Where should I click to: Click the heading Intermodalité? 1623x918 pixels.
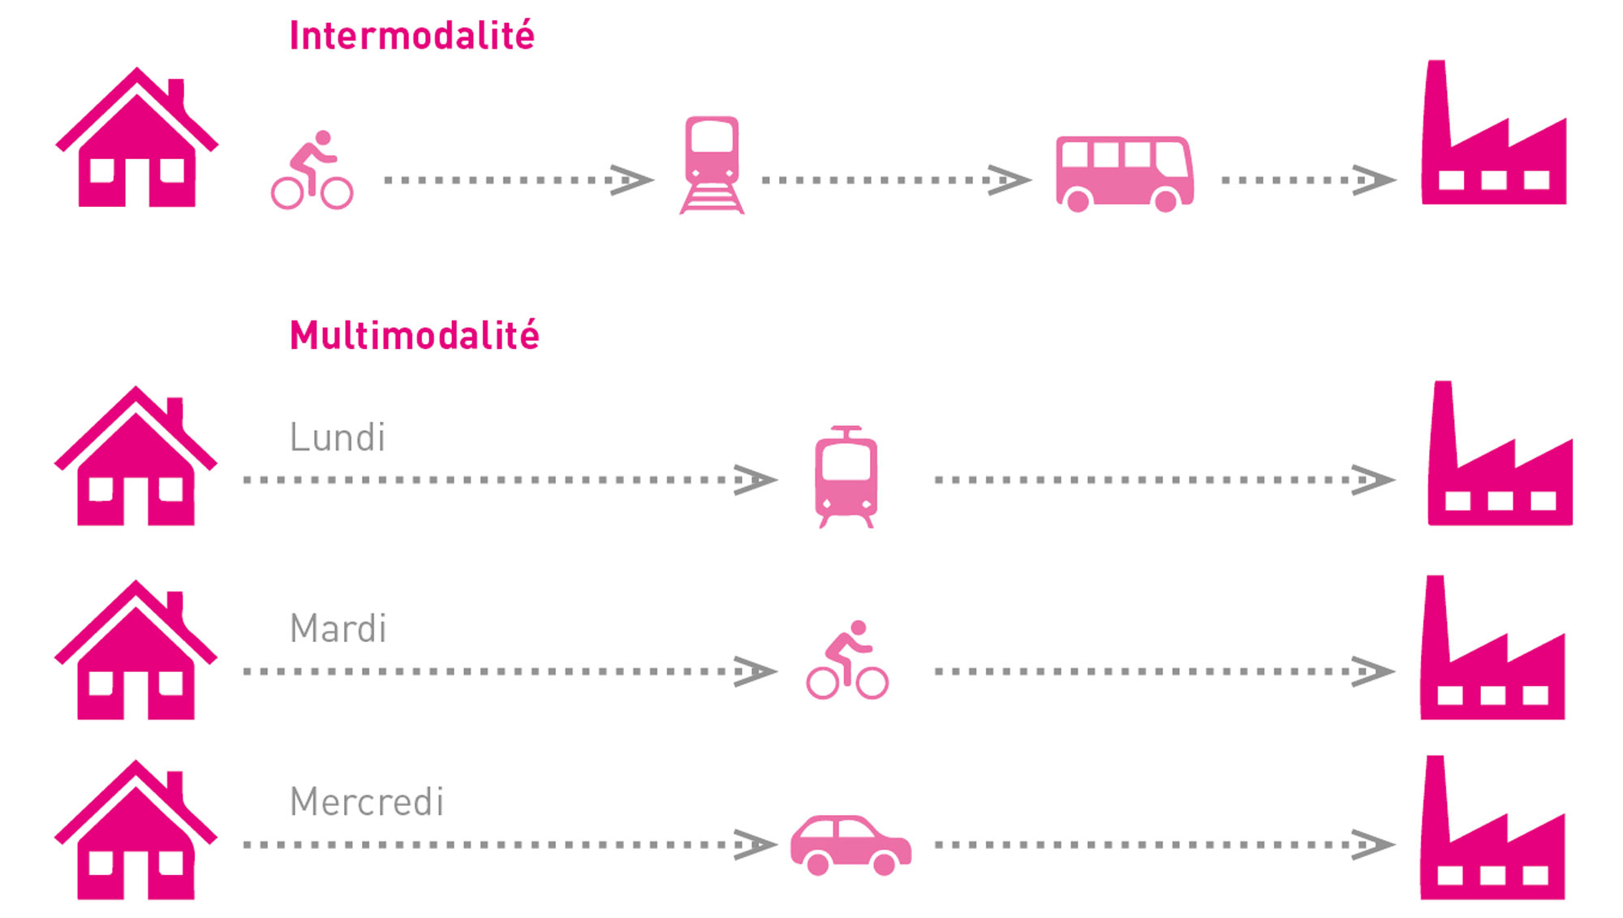coord(412,36)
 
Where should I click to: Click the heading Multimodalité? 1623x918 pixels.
coord(414,335)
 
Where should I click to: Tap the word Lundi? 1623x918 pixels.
coord(338,437)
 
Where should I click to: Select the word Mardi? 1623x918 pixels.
coord(338,629)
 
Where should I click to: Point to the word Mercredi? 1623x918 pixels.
coord(367,802)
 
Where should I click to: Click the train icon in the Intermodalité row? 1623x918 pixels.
coord(712,165)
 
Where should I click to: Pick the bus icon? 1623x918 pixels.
coord(1124,174)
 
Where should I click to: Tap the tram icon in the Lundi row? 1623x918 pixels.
coord(846,477)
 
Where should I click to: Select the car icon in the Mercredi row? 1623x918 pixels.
coord(851,845)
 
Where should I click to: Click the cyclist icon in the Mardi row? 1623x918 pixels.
coord(847,660)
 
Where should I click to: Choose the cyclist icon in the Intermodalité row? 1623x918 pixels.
coord(312,170)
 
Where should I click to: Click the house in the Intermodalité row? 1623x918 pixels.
coord(137,137)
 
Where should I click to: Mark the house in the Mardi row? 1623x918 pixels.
coord(136,649)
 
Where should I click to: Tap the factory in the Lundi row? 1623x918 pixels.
coord(1500,454)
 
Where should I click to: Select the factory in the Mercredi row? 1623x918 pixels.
coord(1492,828)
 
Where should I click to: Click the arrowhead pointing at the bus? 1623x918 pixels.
coord(1010,180)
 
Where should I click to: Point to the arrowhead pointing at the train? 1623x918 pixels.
coord(632,180)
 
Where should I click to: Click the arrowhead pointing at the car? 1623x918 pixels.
coord(756,845)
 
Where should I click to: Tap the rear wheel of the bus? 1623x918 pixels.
coord(1078,200)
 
